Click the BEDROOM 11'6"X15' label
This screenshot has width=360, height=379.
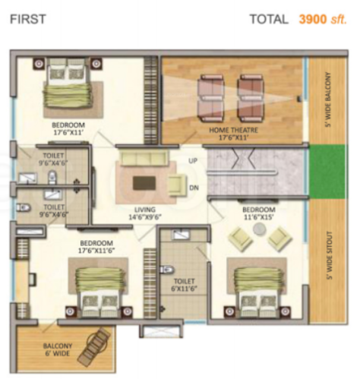[x=259, y=213]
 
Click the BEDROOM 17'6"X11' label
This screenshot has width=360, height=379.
[x=68, y=128]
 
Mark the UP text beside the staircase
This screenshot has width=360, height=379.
[x=193, y=161]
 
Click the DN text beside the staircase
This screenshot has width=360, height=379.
[x=194, y=188]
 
